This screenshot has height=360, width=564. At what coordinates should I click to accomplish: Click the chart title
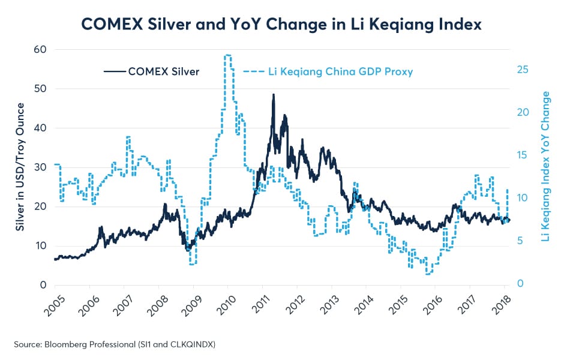pyautogui.click(x=281, y=25)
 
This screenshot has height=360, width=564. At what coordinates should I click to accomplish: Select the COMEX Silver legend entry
pyautogui.click(x=151, y=71)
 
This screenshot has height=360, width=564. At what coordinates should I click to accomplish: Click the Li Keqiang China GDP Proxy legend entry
pyautogui.click(x=328, y=71)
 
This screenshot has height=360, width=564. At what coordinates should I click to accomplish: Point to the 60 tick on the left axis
pyautogui.click(x=40, y=49)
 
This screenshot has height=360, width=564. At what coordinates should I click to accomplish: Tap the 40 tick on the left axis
pyautogui.click(x=40, y=128)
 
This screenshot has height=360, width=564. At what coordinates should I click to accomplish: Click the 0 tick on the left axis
pyautogui.click(x=43, y=285)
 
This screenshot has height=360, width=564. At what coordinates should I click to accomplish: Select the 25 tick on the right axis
pyautogui.click(x=523, y=70)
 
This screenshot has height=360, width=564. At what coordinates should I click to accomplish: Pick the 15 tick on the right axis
pyautogui.click(x=523, y=155)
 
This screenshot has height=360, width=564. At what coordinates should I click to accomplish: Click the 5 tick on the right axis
pyautogui.click(x=520, y=241)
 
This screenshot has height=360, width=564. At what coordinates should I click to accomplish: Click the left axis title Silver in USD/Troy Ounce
pyautogui.click(x=20, y=167)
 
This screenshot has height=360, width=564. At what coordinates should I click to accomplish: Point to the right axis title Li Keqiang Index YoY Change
pyautogui.click(x=545, y=166)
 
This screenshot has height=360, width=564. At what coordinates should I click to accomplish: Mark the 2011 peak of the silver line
pyautogui.click(x=274, y=95)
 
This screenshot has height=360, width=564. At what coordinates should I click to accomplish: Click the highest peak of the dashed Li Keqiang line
pyautogui.click(x=227, y=55)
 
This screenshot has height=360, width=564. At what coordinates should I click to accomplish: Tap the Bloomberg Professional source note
pyautogui.click(x=115, y=344)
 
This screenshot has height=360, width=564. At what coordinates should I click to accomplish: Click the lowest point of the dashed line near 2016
pyautogui.click(x=428, y=274)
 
